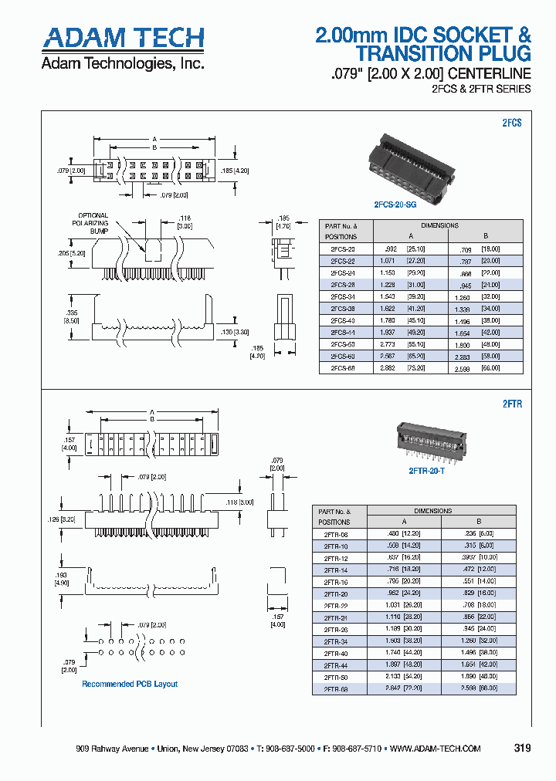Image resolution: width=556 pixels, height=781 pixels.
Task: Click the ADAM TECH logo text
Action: pos(123,39)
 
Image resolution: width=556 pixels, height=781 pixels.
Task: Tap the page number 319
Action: pos(522,748)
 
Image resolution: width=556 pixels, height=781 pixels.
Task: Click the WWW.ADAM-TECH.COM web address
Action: pos(436,749)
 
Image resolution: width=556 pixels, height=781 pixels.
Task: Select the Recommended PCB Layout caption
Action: pos(130,684)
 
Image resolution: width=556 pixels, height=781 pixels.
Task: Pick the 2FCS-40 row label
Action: pos(342,320)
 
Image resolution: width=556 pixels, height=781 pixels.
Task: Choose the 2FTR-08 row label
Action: pos(336,534)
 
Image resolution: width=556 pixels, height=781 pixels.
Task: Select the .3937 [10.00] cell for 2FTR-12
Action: pos(479,557)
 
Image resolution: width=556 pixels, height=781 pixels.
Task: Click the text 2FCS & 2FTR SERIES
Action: pos(481,89)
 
